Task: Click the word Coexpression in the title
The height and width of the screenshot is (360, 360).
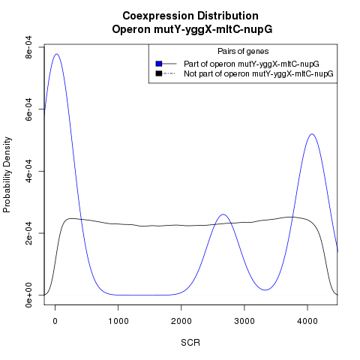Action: (157, 16)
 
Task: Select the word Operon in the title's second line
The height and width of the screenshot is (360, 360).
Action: (131, 30)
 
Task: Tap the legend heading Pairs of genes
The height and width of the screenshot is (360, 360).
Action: (243, 51)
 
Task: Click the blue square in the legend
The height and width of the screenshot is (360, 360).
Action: (159, 64)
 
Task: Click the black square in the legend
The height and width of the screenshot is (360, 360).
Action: (159, 73)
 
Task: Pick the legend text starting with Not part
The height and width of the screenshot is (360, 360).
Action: (259, 74)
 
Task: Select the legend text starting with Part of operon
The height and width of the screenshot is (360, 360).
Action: (251, 64)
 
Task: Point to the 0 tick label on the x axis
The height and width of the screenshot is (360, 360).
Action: (55, 321)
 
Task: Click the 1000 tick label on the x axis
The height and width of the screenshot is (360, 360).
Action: (118, 321)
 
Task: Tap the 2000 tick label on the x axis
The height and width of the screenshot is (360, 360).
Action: (181, 321)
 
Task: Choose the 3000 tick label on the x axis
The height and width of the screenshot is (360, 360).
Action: (244, 321)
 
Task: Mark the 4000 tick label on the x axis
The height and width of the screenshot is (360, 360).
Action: (307, 321)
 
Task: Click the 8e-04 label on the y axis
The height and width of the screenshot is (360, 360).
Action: (29, 46)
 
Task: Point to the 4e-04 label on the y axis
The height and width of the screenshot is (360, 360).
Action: (29, 171)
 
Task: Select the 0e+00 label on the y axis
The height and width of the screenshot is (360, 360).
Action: (29, 295)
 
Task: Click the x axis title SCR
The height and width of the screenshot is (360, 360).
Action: (190, 343)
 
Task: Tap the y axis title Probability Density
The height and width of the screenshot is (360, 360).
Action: (7, 175)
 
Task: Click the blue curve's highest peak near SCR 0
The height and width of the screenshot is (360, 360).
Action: (57, 54)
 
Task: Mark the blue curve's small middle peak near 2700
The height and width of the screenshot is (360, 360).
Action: (223, 214)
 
